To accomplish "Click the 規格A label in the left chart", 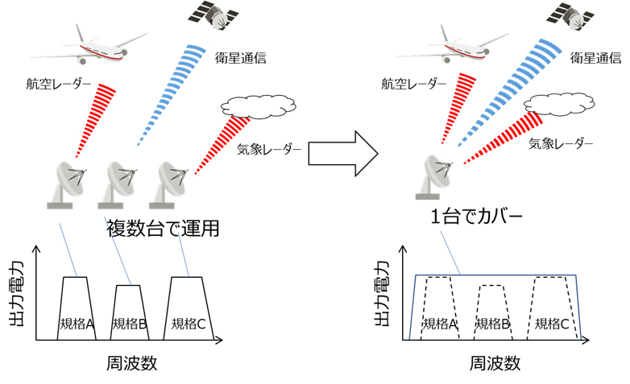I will [77, 324].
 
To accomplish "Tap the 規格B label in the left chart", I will [129, 324].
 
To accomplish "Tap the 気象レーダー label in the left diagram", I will [269, 150].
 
